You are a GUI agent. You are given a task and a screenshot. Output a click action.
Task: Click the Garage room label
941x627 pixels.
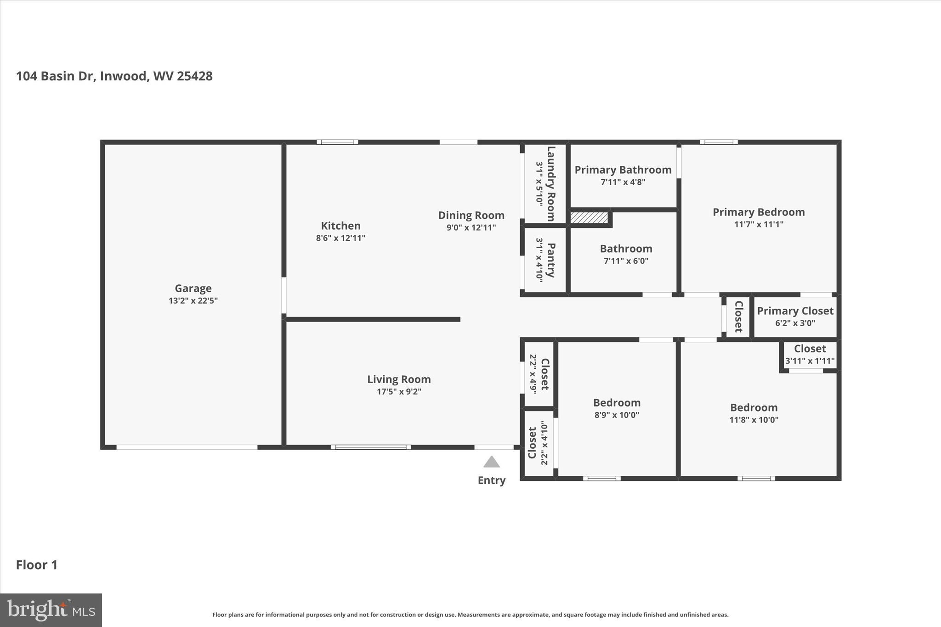click(193, 288)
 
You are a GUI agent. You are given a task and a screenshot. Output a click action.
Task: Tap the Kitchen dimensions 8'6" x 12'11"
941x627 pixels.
click(340, 238)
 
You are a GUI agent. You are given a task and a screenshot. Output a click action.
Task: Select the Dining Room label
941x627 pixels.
click(471, 215)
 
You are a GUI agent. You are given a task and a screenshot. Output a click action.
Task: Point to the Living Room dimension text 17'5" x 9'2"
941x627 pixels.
click(399, 392)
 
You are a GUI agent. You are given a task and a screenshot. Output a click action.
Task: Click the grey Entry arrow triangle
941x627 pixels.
click(491, 462)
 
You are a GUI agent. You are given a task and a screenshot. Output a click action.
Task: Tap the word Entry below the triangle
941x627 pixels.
click(491, 480)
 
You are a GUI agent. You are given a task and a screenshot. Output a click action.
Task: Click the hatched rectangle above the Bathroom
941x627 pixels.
click(589, 218)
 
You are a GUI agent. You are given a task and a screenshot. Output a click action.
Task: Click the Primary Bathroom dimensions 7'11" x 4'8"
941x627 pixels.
click(623, 182)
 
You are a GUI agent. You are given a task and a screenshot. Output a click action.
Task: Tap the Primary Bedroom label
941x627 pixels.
click(758, 212)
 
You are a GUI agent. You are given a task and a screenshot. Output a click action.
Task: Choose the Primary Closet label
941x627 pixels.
click(795, 311)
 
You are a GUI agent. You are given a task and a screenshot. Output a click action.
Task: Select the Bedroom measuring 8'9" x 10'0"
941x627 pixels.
click(616, 403)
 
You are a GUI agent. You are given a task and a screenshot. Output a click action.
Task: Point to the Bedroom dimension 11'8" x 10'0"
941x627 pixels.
click(754, 420)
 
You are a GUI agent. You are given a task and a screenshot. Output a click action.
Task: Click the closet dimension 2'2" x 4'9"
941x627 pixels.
click(533, 373)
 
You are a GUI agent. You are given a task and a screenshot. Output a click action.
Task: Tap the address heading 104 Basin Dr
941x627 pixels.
click(114, 76)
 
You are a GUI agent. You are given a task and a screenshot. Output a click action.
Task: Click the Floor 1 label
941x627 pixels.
click(37, 565)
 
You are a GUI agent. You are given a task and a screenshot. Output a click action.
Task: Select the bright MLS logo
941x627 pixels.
click(51, 610)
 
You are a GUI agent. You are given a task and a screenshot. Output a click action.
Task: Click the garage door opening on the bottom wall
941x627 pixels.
click(187, 447)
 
